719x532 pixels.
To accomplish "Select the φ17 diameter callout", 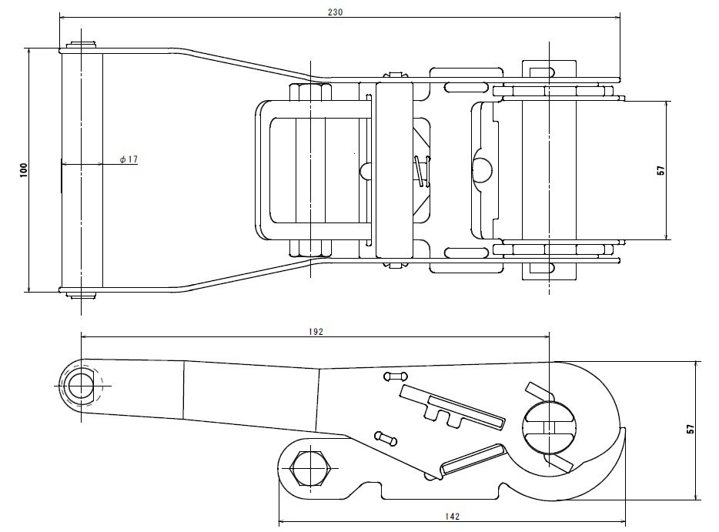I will pos(129,159).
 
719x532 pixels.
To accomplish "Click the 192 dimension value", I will pos(315,331).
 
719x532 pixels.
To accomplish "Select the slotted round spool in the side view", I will pos(548,427).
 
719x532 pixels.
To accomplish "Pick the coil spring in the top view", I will pos(420,171).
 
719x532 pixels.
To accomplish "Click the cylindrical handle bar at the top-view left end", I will pos(81,169).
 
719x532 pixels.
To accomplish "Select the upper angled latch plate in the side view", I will pos(453,409).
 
